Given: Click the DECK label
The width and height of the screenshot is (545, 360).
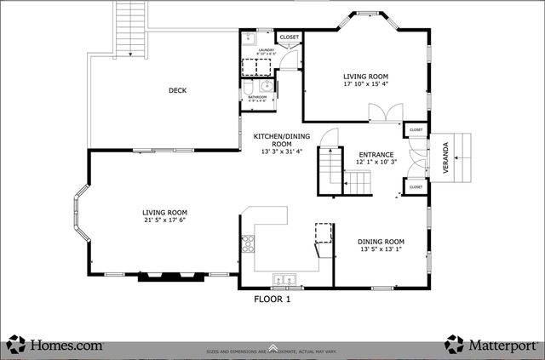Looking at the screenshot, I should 177,91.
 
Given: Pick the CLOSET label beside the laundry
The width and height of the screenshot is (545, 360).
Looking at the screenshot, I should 290,37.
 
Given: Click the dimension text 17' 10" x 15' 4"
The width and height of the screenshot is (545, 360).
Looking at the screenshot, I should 365,84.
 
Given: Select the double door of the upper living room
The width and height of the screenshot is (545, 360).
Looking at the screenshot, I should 386,112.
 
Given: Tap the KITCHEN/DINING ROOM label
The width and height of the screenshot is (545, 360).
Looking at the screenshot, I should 282,140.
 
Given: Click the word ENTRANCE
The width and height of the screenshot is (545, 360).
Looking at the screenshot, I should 376,155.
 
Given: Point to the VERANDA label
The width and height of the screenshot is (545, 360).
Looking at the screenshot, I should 445,158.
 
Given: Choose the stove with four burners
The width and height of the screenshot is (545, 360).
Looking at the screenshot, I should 249,245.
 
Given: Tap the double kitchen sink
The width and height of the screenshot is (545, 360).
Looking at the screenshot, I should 283,279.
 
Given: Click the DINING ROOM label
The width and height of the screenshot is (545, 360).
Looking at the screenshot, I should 381,242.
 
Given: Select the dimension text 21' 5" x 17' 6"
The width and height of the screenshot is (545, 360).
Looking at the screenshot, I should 164,220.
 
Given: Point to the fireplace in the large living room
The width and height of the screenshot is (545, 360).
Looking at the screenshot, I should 171,276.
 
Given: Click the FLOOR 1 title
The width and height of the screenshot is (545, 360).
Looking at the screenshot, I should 272,299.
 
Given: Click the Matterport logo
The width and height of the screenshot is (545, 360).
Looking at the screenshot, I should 491,345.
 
